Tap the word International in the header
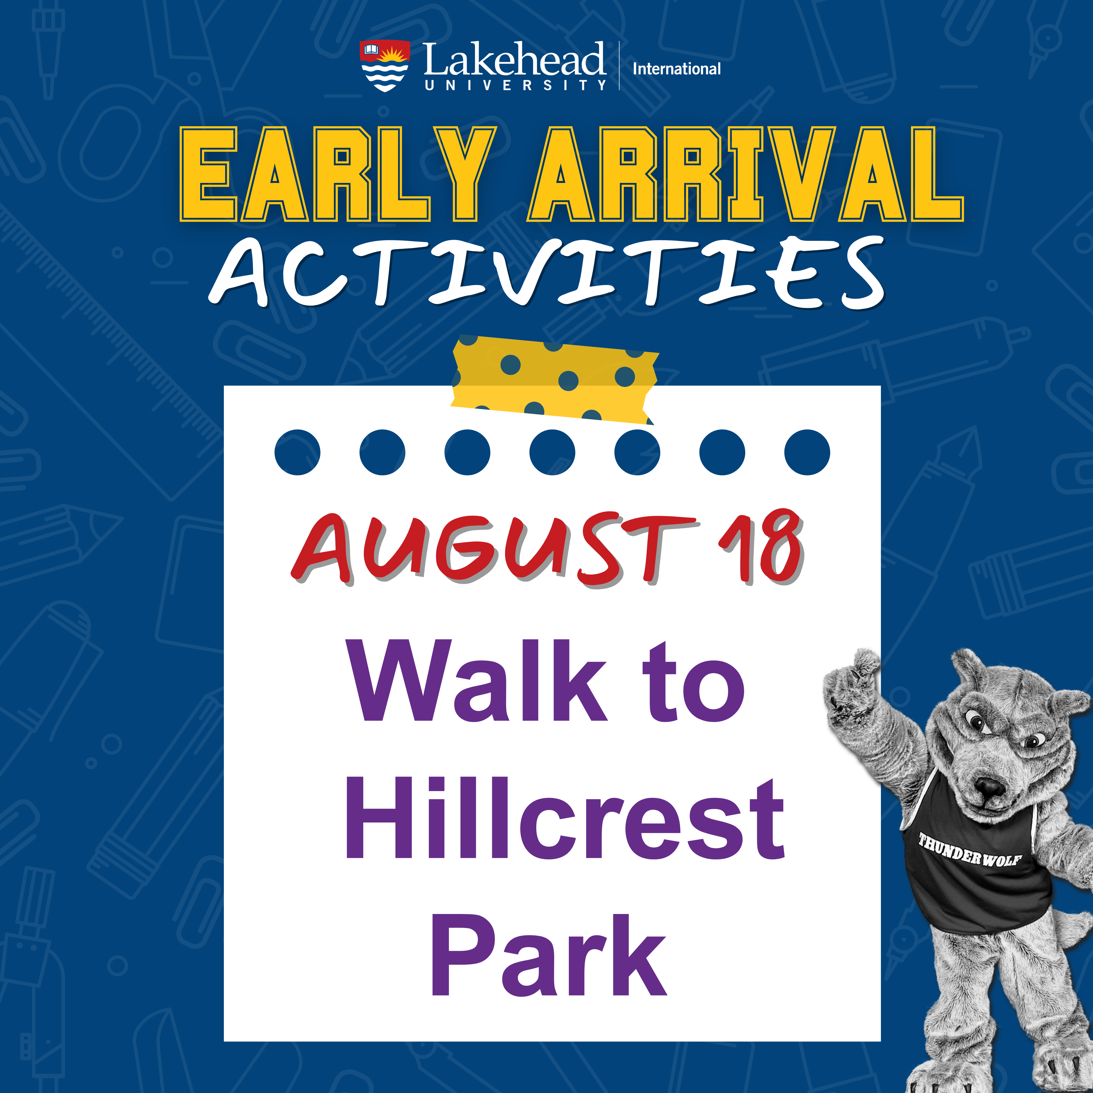677,69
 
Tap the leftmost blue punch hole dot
298,453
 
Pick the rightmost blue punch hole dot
807,453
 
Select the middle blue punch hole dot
552,453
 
